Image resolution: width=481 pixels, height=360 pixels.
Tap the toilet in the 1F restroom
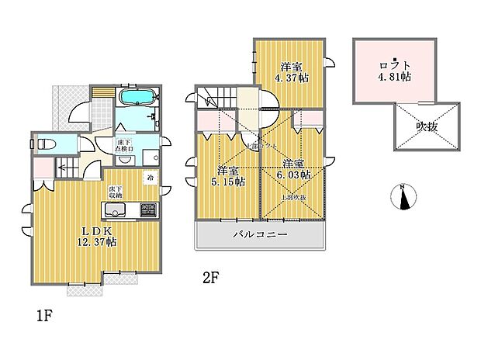(x=47, y=144)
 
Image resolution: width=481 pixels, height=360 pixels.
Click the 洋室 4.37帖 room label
(x=292, y=71)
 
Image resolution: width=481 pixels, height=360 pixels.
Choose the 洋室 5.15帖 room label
(x=230, y=176)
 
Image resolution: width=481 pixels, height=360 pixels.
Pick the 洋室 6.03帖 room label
(x=296, y=169)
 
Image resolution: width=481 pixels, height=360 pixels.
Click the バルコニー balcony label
(x=260, y=234)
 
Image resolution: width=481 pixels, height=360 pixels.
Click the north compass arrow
(x=403, y=198)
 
